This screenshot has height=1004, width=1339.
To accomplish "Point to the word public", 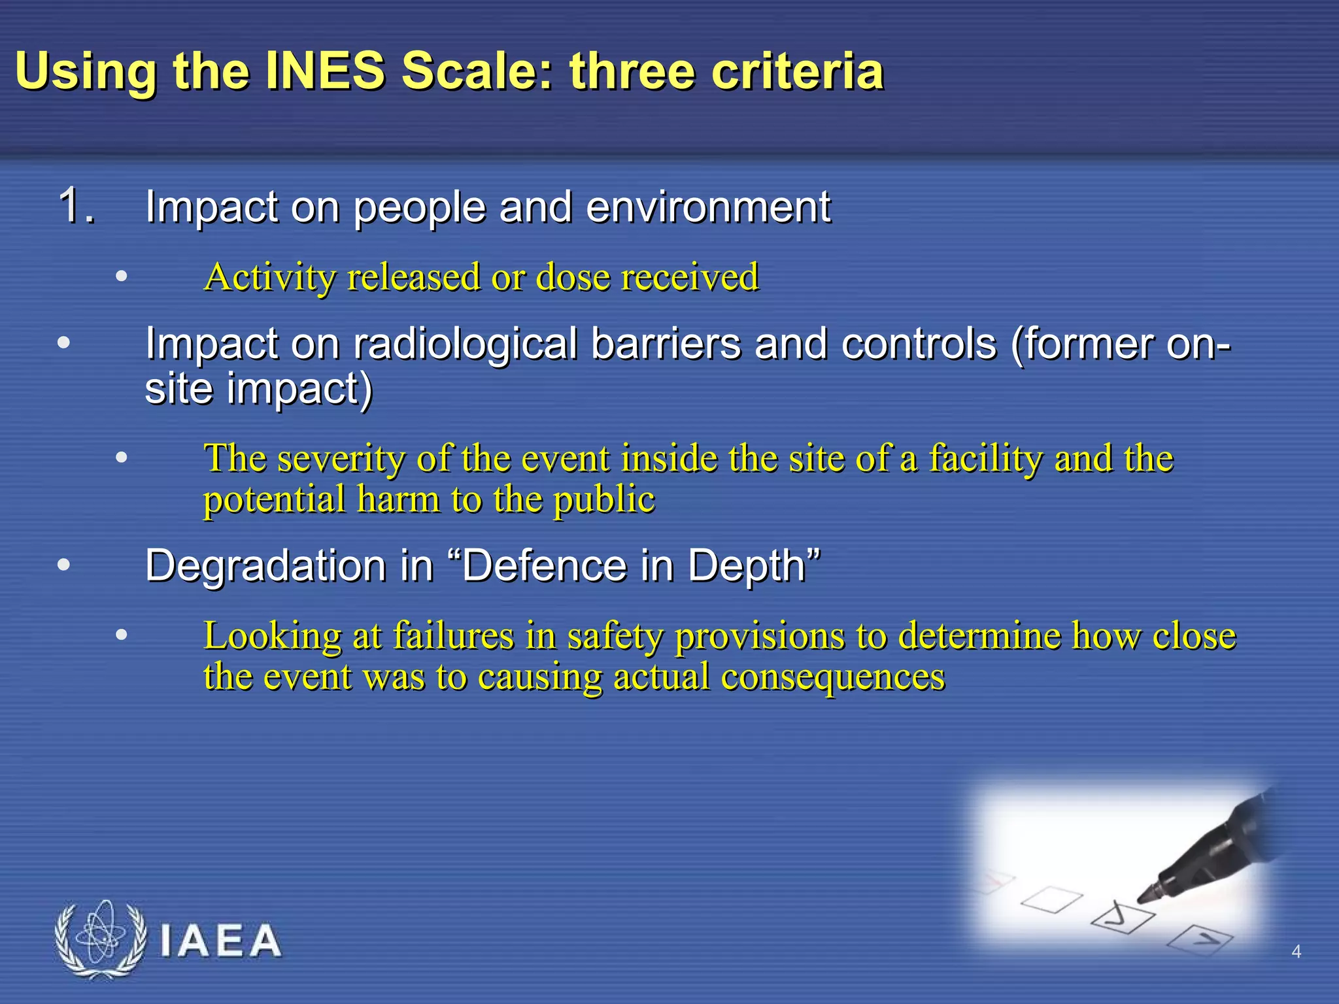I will click(x=604, y=501).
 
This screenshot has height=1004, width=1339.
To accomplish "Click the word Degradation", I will click(x=265, y=566).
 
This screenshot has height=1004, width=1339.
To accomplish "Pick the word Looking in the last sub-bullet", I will click(x=272, y=637).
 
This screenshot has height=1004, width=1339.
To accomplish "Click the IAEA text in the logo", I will click(x=220, y=942).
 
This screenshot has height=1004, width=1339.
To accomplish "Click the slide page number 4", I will click(x=1296, y=952).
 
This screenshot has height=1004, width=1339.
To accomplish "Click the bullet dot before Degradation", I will click(x=63, y=565).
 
